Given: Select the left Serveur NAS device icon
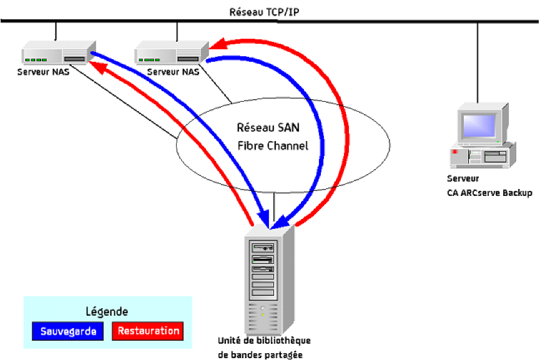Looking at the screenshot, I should (x=59, y=53).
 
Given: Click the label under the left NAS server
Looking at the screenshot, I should (x=44, y=72).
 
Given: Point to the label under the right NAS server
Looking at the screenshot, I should (x=174, y=72).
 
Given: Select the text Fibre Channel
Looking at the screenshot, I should (x=273, y=146).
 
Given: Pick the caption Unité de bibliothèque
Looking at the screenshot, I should (x=264, y=341).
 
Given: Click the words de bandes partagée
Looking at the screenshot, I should (x=260, y=354).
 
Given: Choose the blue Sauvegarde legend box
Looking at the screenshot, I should (x=68, y=331).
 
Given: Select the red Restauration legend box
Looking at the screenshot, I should (x=148, y=331).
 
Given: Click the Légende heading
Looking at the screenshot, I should (x=107, y=311).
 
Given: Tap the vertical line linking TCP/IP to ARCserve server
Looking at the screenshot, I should (x=478, y=62).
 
